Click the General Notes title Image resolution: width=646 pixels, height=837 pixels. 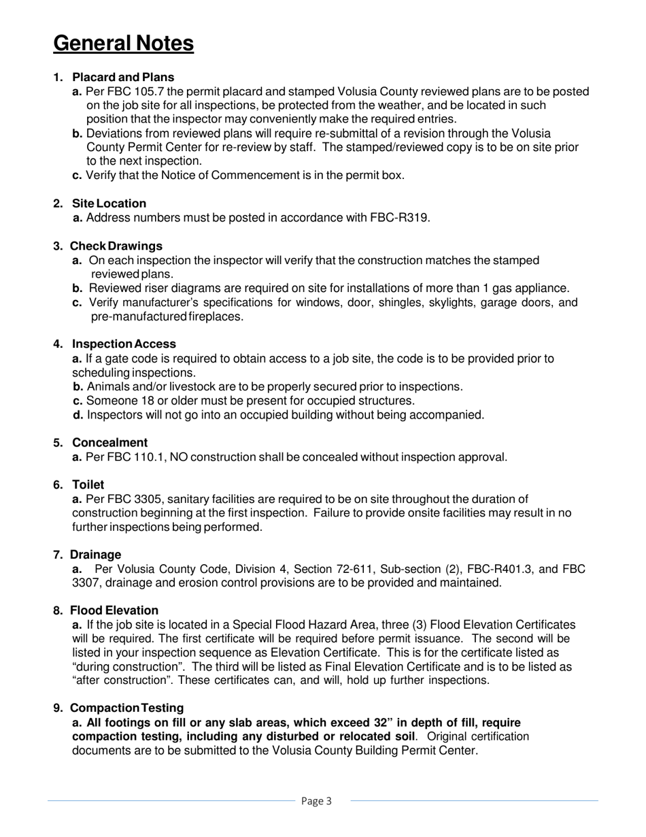click(123, 44)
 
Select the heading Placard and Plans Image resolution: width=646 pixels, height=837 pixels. click(123, 78)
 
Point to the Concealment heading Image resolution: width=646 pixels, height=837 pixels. click(109, 443)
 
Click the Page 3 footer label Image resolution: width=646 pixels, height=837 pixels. click(316, 801)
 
